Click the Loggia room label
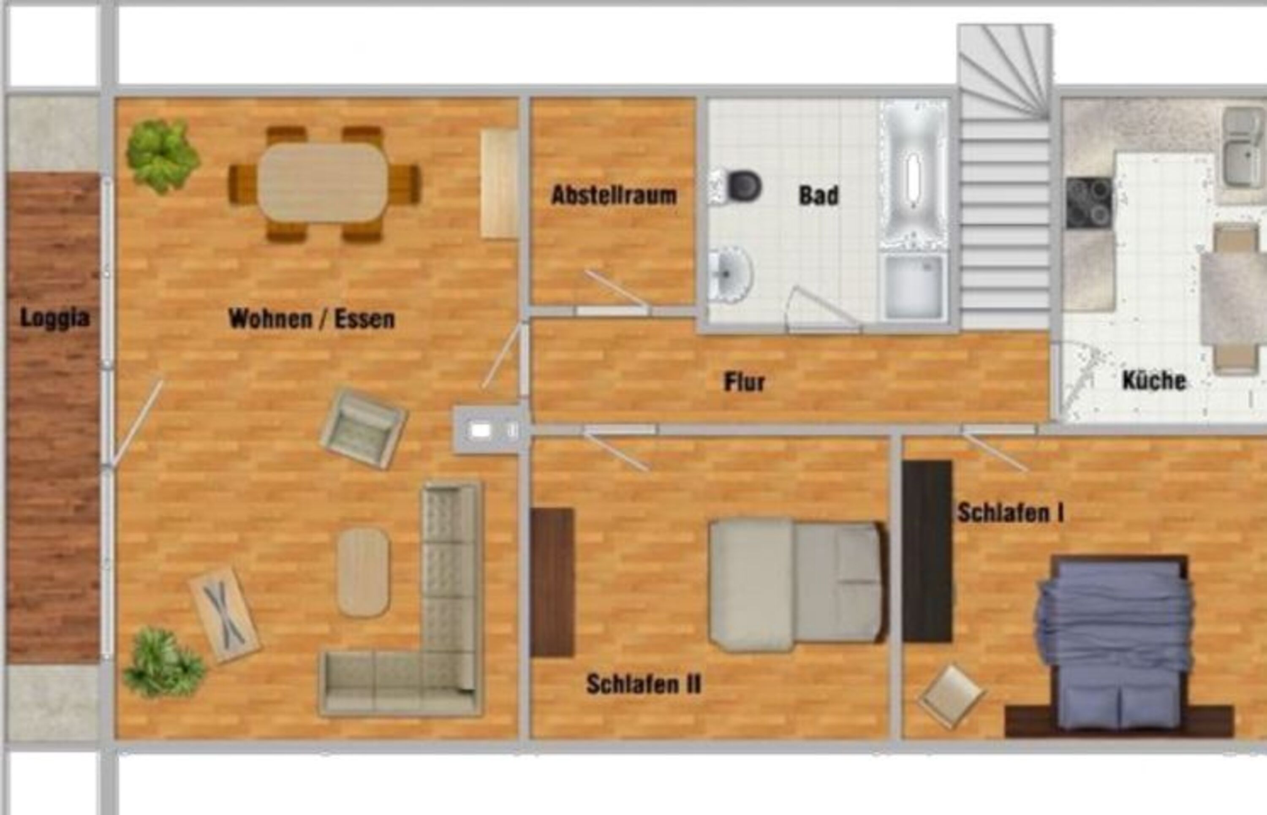coord(54,318)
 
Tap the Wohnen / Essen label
coord(312,319)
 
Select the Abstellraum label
coord(614,195)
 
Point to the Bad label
coord(819,195)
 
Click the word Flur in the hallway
coord(744,382)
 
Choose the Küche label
coord(1154,380)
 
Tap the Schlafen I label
coord(1010,513)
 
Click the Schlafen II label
coord(644,684)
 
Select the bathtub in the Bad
coord(914,175)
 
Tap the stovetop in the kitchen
coord(1089,203)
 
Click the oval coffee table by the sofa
coord(363,572)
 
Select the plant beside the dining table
coord(162,155)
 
